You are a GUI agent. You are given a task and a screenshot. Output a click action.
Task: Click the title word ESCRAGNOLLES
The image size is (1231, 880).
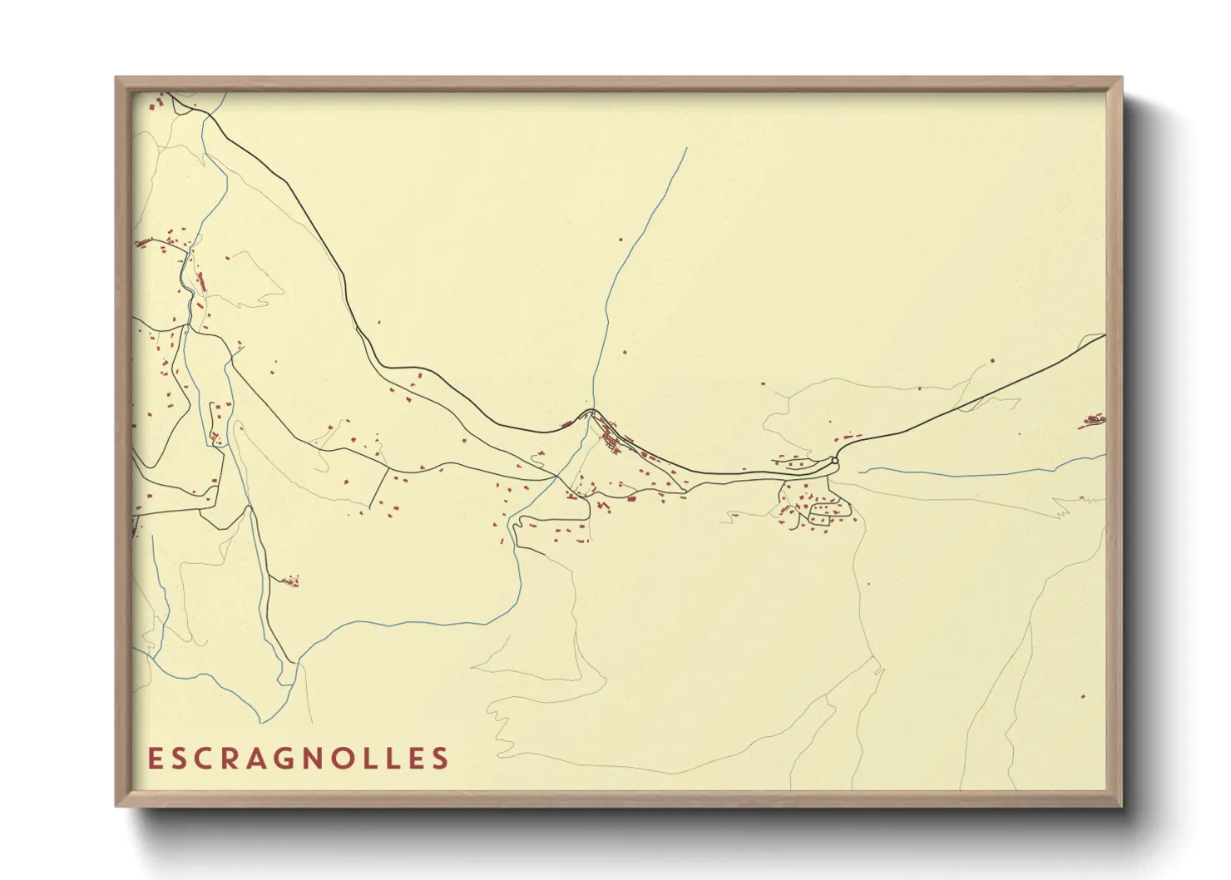click(298, 759)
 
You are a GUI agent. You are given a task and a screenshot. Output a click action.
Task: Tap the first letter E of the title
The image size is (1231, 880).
click(153, 759)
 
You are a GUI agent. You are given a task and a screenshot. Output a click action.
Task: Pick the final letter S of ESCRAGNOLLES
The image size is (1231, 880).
click(442, 759)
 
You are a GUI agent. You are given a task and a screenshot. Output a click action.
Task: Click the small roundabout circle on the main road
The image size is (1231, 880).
click(834, 460)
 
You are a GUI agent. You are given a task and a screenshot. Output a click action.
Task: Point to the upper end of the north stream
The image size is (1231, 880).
click(686, 150)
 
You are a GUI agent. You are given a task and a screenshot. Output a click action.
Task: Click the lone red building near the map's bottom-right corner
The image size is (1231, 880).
click(1082, 696)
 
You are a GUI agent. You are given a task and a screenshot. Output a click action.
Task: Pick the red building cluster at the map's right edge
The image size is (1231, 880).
click(1093, 422)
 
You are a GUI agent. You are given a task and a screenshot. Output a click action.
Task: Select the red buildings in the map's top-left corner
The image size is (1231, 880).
click(156, 104)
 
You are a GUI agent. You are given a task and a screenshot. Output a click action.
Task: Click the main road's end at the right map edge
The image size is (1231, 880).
click(1103, 335)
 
